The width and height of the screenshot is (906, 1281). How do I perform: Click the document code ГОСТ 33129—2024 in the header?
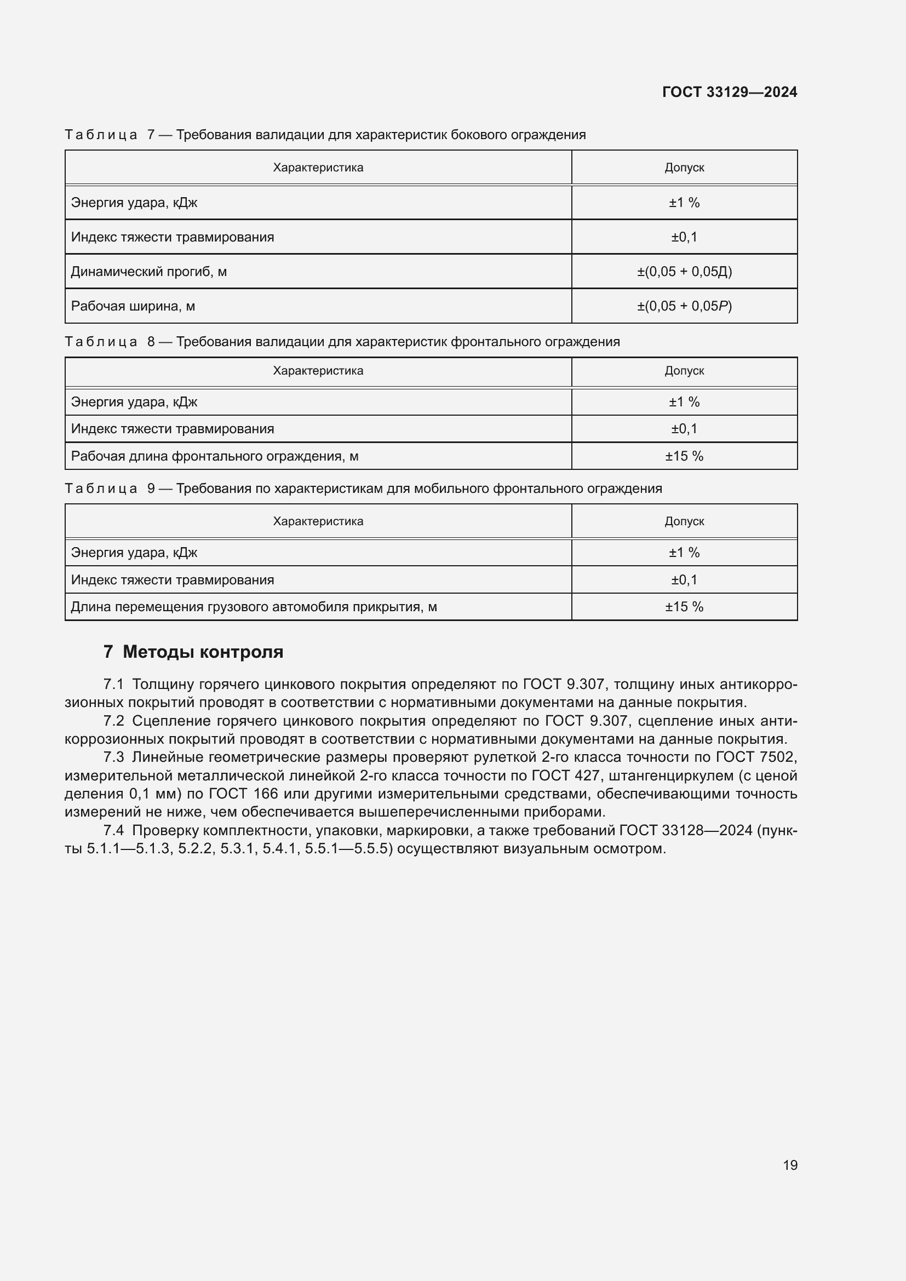[x=729, y=92]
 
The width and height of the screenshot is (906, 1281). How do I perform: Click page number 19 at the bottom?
[x=790, y=1165]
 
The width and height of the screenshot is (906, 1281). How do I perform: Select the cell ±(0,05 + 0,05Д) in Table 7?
[x=684, y=272]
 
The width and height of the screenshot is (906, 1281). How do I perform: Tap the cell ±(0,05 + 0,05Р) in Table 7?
[x=684, y=306]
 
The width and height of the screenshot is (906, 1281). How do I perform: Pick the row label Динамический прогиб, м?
[x=148, y=272]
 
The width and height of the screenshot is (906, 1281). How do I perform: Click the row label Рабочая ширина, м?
[x=133, y=306]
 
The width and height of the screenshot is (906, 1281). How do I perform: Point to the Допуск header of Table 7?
[x=684, y=168]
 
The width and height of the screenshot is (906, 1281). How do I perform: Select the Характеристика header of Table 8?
[x=318, y=371]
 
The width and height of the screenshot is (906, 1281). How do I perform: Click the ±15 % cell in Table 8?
[x=684, y=456]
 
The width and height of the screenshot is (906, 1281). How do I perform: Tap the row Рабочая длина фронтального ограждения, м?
[x=214, y=456]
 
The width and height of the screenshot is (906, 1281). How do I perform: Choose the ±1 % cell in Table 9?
[x=684, y=553]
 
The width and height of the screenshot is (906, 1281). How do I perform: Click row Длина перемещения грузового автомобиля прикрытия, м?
[x=254, y=607]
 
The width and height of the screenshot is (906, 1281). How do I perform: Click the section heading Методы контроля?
[x=203, y=652]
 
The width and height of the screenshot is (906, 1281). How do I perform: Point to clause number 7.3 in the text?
[x=113, y=757]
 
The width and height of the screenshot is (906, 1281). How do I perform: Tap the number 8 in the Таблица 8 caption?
[x=151, y=342]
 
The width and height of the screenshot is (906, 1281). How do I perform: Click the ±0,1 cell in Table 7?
[x=684, y=237]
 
